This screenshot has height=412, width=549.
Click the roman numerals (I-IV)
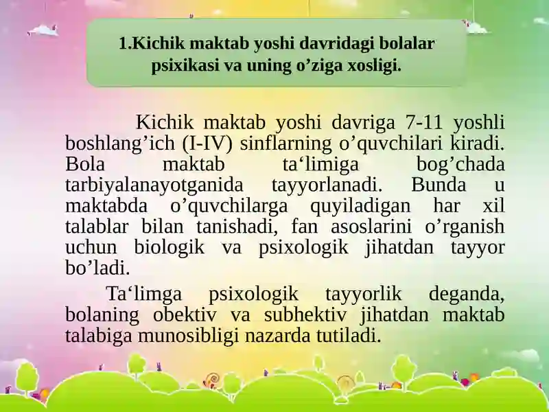(x=207, y=144)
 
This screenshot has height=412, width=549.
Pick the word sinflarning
(x=285, y=144)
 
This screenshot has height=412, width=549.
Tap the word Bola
(x=85, y=164)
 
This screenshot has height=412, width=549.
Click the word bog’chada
(x=460, y=164)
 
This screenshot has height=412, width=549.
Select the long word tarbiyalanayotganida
(x=154, y=185)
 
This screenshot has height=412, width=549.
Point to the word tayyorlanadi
(x=327, y=185)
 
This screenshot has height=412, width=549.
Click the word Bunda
(x=439, y=185)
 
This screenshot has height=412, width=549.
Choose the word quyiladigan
(x=360, y=207)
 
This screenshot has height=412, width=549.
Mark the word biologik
(x=169, y=248)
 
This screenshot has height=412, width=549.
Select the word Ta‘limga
(x=144, y=295)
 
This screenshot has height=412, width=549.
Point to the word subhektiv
(x=305, y=314)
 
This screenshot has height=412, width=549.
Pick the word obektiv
(x=185, y=314)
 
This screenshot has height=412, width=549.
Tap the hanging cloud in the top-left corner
(x=43, y=30)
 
